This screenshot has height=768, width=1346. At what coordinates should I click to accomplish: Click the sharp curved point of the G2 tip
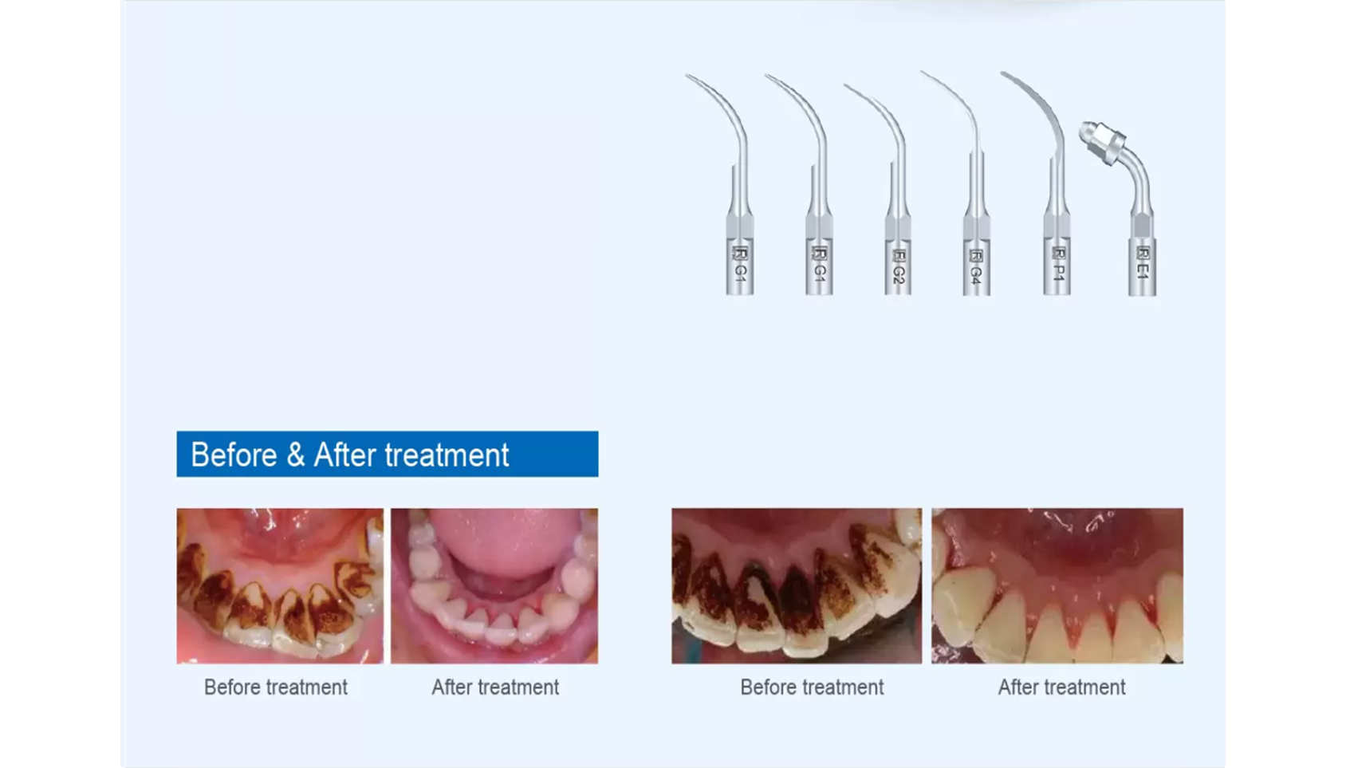pyautogui.click(x=846, y=86)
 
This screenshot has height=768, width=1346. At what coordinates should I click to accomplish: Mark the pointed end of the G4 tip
pyautogui.click(x=923, y=73)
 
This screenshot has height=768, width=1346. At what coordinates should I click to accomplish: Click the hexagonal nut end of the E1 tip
pyautogui.click(x=1100, y=142)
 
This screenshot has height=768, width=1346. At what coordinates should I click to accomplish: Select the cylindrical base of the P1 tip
pyautogui.click(x=1057, y=265)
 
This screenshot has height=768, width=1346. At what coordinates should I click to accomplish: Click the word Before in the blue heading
pyautogui.click(x=234, y=455)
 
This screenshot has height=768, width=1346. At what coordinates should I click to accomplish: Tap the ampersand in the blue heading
pyautogui.click(x=296, y=455)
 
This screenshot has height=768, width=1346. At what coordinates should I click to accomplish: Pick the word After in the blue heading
pyautogui.click(x=345, y=455)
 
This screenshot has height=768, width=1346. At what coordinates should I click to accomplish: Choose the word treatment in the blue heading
pyautogui.click(x=447, y=455)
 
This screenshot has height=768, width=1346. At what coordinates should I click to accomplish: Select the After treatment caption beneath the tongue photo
pyautogui.click(x=495, y=687)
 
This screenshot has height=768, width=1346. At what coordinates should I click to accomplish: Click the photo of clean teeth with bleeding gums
pyautogui.click(x=1057, y=586)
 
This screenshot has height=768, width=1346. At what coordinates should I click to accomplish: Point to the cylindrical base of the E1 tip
pyautogui.click(x=1142, y=267)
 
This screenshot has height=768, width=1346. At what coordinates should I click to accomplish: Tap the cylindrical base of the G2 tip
pyautogui.click(x=898, y=267)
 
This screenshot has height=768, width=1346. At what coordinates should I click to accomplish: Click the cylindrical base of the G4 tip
pyautogui.click(x=977, y=267)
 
